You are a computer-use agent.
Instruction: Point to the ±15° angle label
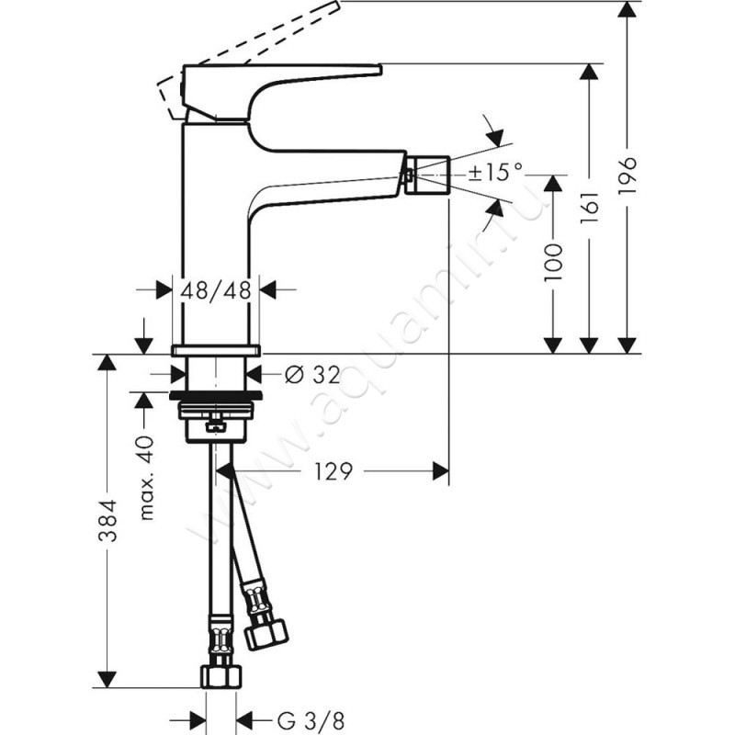496,171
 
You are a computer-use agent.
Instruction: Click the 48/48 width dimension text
216,289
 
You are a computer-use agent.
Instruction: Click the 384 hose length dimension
108,520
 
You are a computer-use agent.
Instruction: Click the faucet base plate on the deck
216,350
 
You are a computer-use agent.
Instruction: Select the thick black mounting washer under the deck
216,396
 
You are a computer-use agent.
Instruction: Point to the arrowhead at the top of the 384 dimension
107,362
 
